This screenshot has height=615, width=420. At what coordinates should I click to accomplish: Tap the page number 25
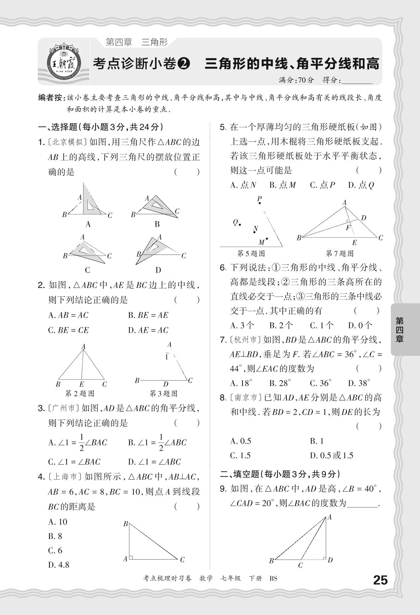pos(380,580)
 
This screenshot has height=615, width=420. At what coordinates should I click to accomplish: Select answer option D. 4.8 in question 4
pos(59,565)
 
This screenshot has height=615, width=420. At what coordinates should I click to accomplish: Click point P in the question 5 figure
pos(260,203)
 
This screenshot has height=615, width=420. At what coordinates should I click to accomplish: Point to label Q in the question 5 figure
pos(235,222)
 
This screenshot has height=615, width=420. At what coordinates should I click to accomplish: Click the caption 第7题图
pos(340,253)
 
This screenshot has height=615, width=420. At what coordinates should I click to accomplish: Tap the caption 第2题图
pos(80,394)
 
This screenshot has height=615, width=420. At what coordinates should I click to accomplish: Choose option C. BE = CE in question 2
pos(68,330)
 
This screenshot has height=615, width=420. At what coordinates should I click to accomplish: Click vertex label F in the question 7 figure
pos(348,228)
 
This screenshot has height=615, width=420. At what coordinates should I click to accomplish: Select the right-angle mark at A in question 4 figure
pos(131,557)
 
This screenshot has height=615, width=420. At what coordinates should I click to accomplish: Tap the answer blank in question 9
pos(363,504)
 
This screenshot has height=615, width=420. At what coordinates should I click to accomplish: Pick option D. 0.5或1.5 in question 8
pos(331,455)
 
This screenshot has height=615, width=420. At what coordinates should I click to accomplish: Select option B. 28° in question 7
pos(280,383)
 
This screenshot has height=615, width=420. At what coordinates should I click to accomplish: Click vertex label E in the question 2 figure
pos(81,384)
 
